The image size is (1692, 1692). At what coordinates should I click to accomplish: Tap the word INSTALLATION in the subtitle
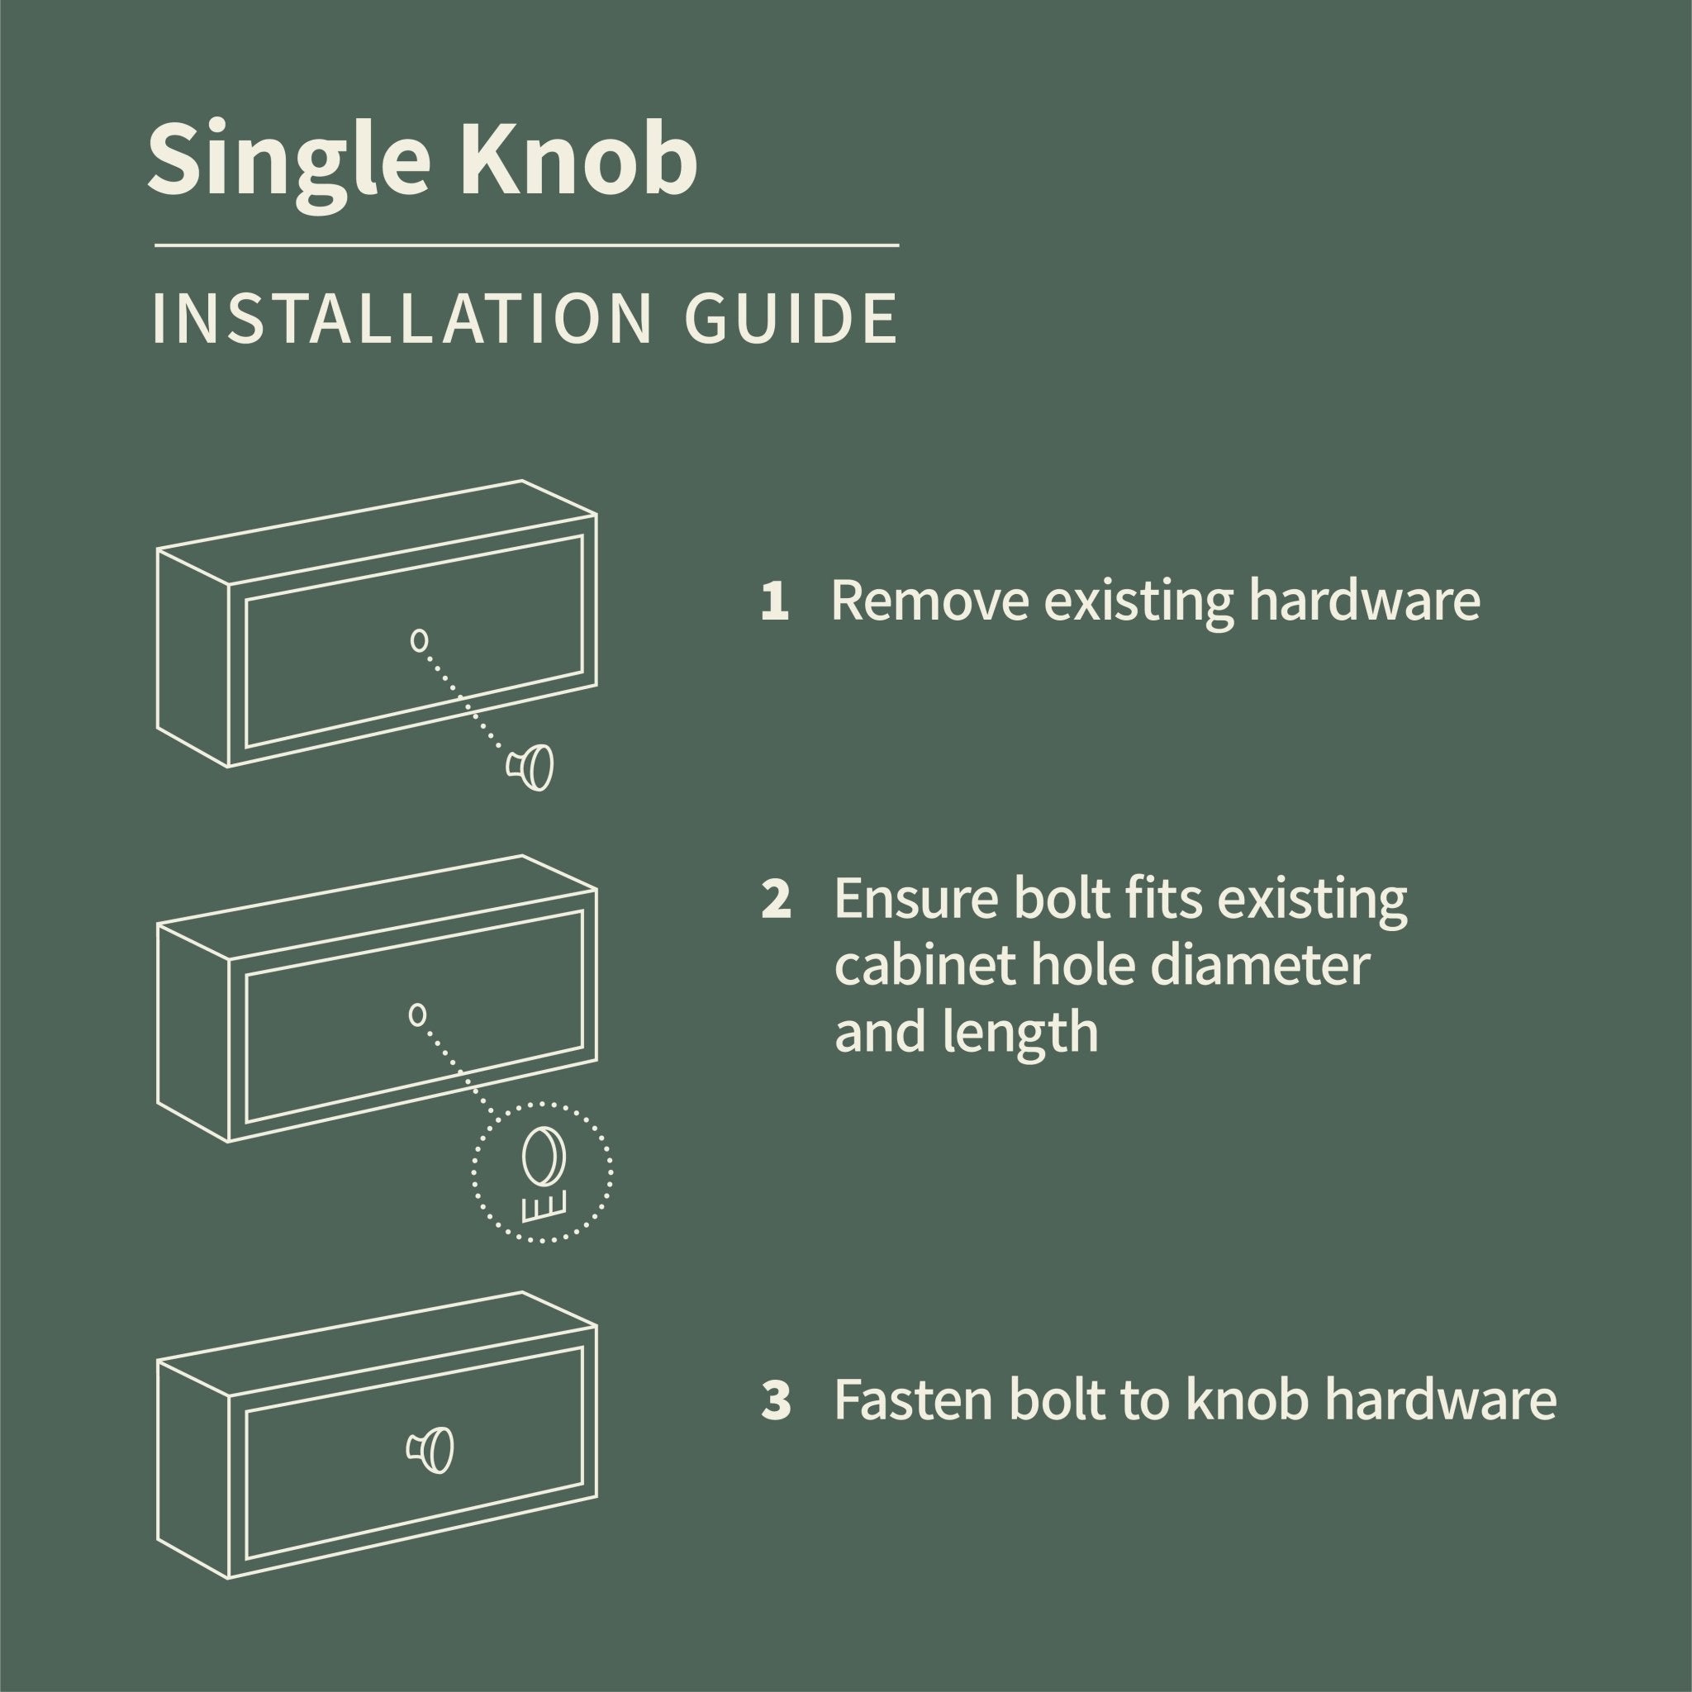399,321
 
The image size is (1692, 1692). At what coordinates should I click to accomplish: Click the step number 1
774,603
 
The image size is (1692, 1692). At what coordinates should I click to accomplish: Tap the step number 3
776,1400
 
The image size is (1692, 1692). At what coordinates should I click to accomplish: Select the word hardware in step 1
1362,601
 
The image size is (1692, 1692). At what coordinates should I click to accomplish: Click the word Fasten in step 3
914,1400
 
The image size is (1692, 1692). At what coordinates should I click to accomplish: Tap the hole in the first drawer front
420,640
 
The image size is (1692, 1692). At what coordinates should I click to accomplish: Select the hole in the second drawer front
418,1015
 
